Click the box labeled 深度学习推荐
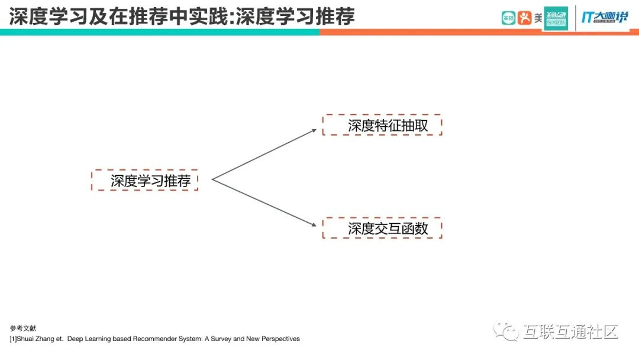(x=145, y=180)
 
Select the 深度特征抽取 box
(x=382, y=125)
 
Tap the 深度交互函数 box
(x=382, y=228)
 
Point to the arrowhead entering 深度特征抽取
(x=315, y=130)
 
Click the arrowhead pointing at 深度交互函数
(x=315, y=224)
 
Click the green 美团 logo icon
(x=508, y=18)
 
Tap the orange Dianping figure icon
(x=525, y=18)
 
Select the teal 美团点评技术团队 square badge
(x=556, y=18)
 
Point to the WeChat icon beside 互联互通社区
(x=506, y=330)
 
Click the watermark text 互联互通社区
(x=570, y=331)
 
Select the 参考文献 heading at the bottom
(x=19, y=328)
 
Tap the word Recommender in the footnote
(x=156, y=339)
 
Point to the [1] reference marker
(x=12, y=339)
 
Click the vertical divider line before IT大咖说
(x=575, y=18)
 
